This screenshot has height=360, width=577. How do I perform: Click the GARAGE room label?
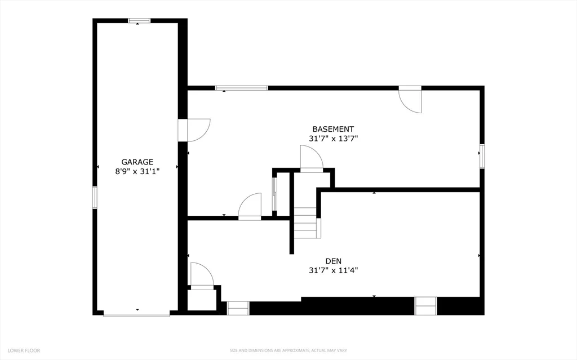click(x=137, y=162)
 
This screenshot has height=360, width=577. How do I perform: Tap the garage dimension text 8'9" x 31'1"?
click(x=137, y=171)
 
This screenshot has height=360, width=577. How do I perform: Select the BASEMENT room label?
click(x=333, y=129)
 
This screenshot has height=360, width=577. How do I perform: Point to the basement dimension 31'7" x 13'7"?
click(x=334, y=139)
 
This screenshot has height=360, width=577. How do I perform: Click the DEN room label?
click(x=334, y=261)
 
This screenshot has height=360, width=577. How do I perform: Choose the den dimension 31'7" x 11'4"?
click(x=334, y=270)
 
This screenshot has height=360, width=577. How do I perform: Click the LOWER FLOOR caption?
click(x=24, y=350)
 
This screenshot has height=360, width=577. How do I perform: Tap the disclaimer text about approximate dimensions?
click(x=288, y=350)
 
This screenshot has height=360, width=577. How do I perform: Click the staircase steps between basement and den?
click(x=305, y=223)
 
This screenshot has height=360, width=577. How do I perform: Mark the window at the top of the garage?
click(x=139, y=21)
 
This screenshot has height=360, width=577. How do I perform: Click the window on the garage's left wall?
click(x=95, y=198)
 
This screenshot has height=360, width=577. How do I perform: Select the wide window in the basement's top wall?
click(x=242, y=88)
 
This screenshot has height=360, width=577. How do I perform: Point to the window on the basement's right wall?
click(x=482, y=156)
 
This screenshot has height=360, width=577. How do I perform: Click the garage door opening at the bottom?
click(x=136, y=313)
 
